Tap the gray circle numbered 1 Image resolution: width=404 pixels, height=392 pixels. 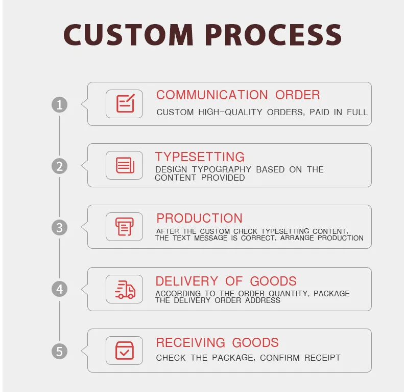point(60,105)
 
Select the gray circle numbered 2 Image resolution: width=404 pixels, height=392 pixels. point(60,166)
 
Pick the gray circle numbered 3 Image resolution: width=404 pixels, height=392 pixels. point(60,227)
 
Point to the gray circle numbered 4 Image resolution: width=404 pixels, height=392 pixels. point(60,289)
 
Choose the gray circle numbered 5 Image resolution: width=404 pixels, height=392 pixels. point(60,351)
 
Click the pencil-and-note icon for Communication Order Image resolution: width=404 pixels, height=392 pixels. point(125,104)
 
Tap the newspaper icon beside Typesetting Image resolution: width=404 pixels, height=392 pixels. point(125,165)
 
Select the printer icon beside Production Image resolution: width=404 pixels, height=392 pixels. point(125,227)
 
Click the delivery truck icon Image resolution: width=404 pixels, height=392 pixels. point(125,289)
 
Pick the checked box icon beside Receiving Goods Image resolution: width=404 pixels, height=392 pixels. point(125,351)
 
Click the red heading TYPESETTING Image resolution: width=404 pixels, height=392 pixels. point(200,157)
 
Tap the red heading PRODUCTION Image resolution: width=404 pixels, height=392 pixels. point(199,218)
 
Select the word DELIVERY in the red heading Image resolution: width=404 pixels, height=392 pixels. point(186,281)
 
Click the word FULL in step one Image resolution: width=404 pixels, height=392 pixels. point(358,112)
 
